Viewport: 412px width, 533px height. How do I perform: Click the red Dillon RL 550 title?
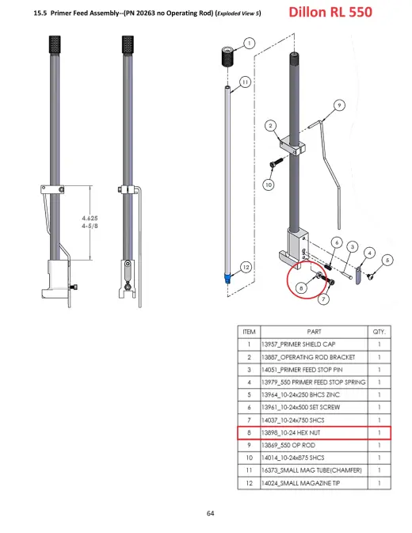tap(330, 12)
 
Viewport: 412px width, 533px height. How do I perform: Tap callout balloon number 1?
tap(250, 44)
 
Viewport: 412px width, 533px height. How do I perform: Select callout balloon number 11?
tap(246, 82)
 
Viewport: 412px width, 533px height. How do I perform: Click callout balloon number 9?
tap(339, 105)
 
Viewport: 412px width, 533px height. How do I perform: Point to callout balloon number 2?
tap(271, 126)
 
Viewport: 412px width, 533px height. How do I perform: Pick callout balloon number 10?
tap(269, 185)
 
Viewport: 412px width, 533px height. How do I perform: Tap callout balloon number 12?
tap(246, 267)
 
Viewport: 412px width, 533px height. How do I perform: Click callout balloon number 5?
tap(387, 261)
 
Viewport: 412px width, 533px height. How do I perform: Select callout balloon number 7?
tap(323, 299)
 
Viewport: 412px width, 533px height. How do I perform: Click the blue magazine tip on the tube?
tap(227, 279)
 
